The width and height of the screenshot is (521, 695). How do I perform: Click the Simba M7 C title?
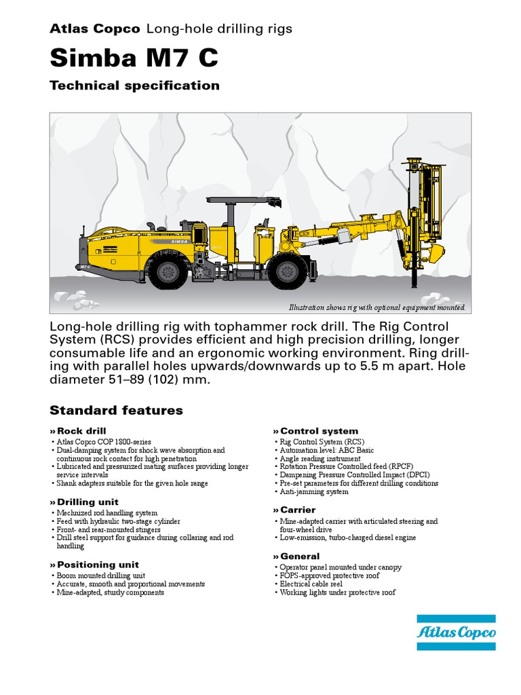point(134,58)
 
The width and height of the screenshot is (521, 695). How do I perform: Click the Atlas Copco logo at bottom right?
point(456,633)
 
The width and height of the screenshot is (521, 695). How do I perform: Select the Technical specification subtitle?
point(134,86)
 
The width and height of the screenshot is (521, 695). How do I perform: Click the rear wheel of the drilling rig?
point(167,271)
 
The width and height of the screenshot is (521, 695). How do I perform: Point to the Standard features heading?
point(116,411)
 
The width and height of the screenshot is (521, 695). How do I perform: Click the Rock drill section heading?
point(81,432)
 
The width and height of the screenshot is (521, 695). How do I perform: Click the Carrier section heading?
point(297,510)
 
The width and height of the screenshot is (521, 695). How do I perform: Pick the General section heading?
point(299,557)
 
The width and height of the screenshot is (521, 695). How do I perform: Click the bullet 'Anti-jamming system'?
point(314,492)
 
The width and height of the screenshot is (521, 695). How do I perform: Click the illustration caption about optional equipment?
point(377,307)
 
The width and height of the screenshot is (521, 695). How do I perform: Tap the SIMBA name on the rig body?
point(179,240)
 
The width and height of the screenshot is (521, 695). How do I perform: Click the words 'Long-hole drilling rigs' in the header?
point(219,29)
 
